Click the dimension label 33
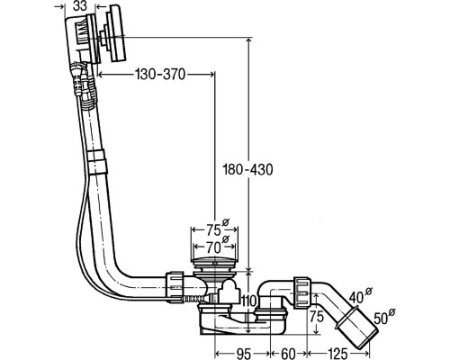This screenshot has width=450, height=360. point(80,6)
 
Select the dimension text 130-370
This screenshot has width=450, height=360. point(160,74)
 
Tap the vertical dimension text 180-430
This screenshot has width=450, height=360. point(247,169)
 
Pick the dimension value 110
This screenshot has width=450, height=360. point(248,300)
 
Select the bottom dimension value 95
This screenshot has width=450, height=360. point(243,354)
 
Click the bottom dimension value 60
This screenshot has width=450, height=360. point(288,354)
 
